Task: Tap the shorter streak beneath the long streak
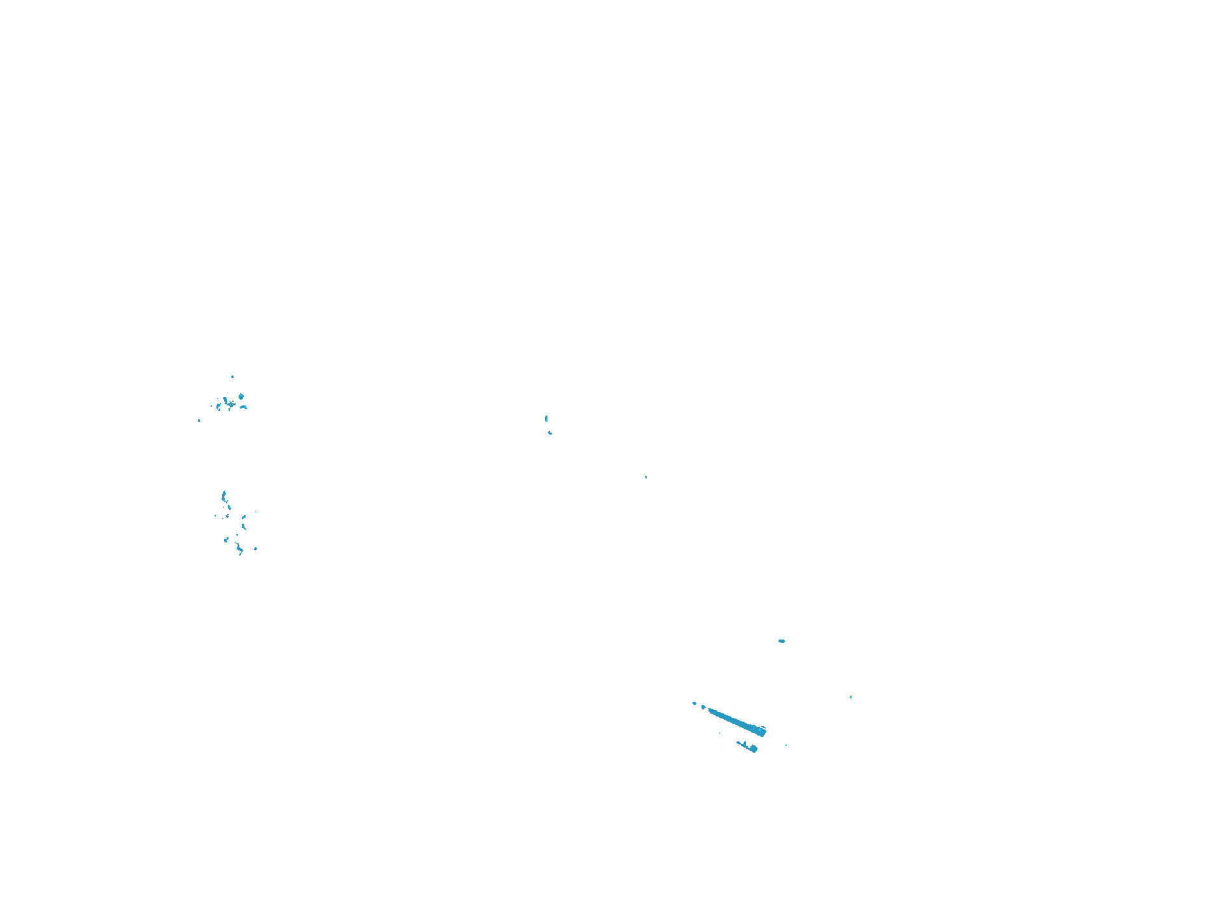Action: (x=747, y=746)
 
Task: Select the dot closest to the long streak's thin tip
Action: (x=703, y=707)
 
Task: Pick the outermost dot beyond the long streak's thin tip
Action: (x=694, y=703)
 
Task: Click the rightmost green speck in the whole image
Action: (x=851, y=697)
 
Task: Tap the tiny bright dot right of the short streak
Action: (x=786, y=745)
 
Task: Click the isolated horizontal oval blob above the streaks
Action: (x=782, y=641)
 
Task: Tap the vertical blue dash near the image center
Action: (x=546, y=419)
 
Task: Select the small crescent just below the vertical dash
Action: (x=550, y=433)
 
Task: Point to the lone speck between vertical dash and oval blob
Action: (x=645, y=477)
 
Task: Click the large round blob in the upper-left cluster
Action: (x=241, y=396)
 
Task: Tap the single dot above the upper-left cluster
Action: (x=232, y=377)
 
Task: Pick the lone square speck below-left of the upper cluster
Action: (x=199, y=420)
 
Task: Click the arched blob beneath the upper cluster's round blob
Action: (x=243, y=407)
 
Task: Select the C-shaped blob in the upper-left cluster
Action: (x=218, y=406)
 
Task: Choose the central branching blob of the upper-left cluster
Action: (x=228, y=403)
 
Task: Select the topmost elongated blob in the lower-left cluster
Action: (x=223, y=496)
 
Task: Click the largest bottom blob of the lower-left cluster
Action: (x=239, y=549)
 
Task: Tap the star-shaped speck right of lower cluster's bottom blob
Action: (x=255, y=549)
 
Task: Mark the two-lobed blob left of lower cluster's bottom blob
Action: (x=226, y=540)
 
